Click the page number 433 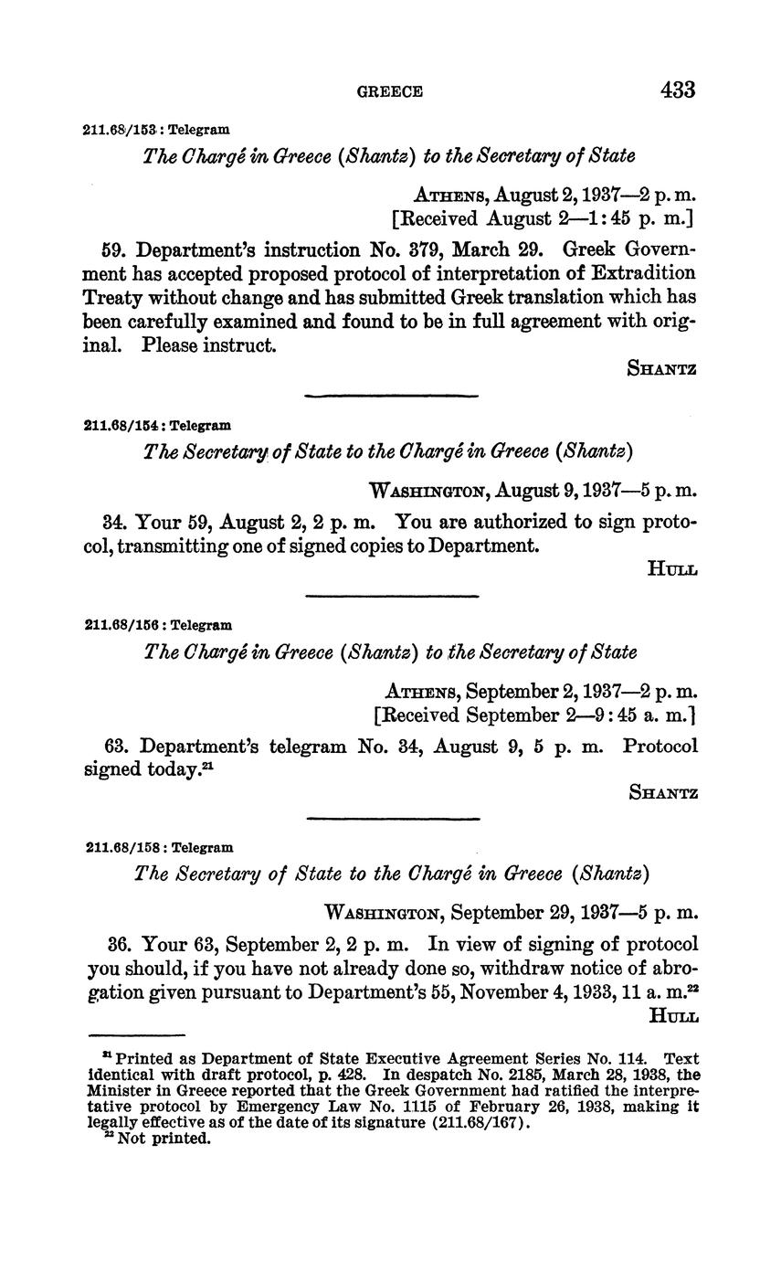(677, 90)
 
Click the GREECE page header (389, 91)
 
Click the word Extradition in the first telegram (643, 273)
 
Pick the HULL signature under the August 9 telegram (672, 569)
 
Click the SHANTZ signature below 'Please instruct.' (663, 369)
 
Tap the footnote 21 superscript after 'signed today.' (208, 766)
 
